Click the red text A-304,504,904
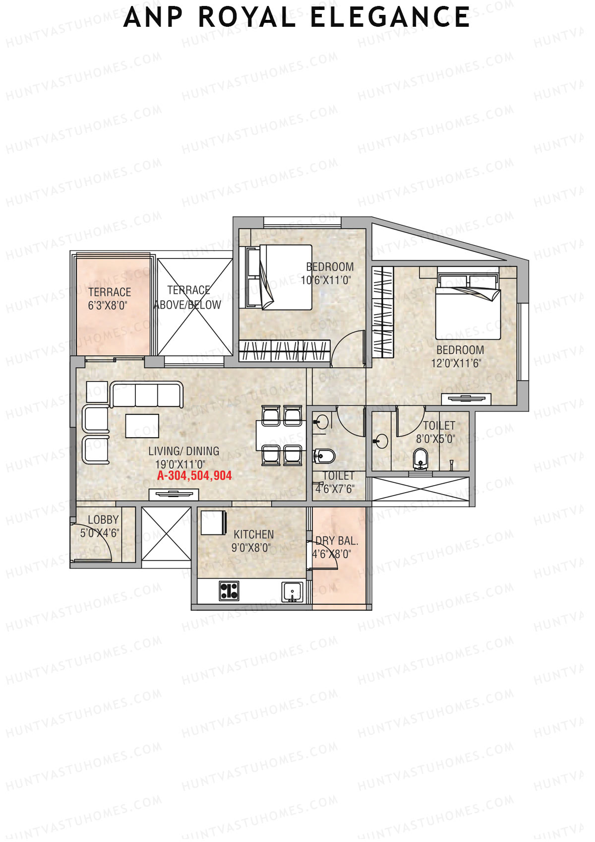coord(194,476)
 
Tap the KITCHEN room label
coord(253,534)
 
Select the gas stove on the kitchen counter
coord(229,590)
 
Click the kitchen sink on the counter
coord(292,592)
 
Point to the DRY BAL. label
coord(337,541)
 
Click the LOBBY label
coord(103,520)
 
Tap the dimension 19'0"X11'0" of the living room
coord(180,464)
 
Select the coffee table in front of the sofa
coord(142,426)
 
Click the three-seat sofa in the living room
coord(147,395)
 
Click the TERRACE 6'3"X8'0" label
coord(110,299)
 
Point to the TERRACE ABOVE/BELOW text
coord(188,298)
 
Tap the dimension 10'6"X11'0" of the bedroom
coord(326,280)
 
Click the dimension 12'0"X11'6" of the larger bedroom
coord(456,363)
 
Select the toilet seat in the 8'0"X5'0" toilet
coord(420,458)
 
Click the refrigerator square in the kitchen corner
coord(214,522)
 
